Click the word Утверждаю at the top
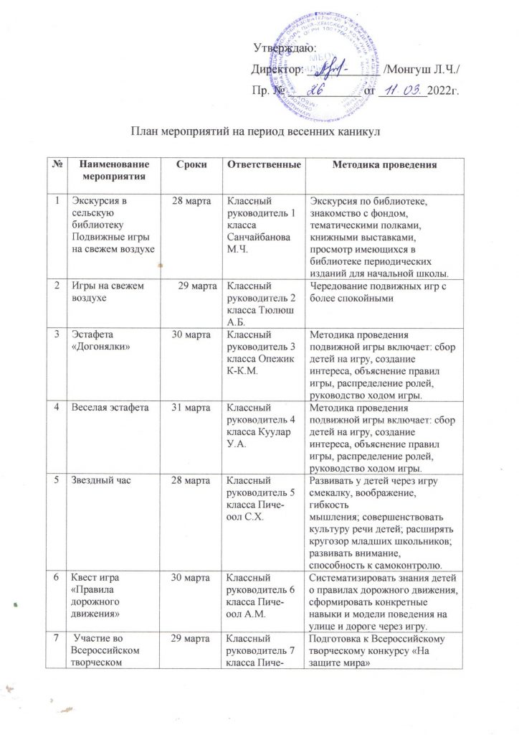280,49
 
